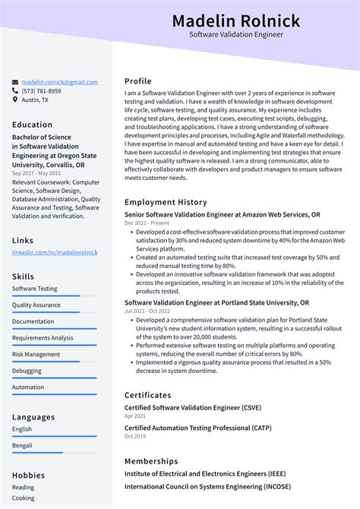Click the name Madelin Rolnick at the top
[235, 21]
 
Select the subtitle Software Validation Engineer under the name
[235, 35]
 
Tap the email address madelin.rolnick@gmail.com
[59, 82]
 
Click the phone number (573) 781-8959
[41, 91]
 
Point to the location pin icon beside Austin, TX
[15, 100]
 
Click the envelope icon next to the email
[15, 82]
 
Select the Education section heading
[33, 125]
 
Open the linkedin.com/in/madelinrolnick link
[55, 252]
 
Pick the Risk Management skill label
[36, 354]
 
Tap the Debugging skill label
[27, 371]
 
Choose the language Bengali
[22, 446]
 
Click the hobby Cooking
[23, 498]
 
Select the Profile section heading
[138, 81]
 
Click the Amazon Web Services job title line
[222, 215]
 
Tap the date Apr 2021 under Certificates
[135, 416]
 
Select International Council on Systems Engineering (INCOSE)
[207, 486]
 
